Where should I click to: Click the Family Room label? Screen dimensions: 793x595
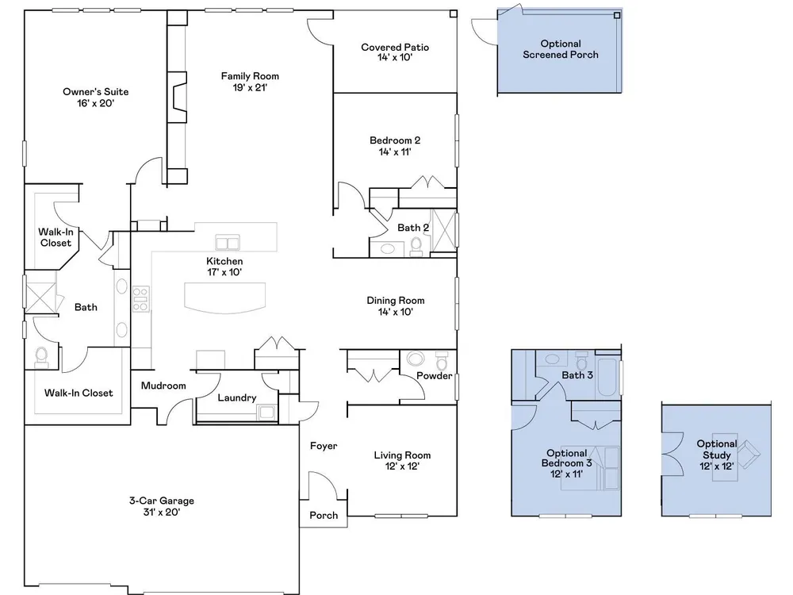pyautogui.click(x=250, y=76)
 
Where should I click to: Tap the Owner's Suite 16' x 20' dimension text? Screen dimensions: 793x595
pyautogui.click(x=96, y=103)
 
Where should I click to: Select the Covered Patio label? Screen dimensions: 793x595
pyautogui.click(x=395, y=47)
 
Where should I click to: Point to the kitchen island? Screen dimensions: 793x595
pyautogui.click(x=224, y=297)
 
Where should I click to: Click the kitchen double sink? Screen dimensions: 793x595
pyautogui.click(x=228, y=242)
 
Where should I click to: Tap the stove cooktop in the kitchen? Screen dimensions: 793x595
pyautogui.click(x=140, y=299)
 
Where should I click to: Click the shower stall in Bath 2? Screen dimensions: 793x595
pyautogui.click(x=443, y=230)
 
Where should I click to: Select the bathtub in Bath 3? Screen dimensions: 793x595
pyautogui.click(x=607, y=377)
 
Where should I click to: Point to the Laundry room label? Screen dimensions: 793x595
pyautogui.click(x=236, y=397)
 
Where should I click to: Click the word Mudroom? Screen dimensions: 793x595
pyautogui.click(x=163, y=386)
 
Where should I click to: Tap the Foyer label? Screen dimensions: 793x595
pyautogui.click(x=324, y=446)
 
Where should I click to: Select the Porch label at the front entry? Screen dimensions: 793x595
pyautogui.click(x=324, y=515)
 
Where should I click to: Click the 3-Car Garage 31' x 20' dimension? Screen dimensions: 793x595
pyautogui.click(x=162, y=512)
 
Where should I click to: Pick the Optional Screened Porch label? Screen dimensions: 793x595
pyautogui.click(x=561, y=49)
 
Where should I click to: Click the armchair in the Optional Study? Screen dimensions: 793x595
pyautogui.click(x=749, y=453)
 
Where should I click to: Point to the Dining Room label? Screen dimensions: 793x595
pyautogui.click(x=396, y=301)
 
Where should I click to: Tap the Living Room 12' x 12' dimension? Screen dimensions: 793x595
pyautogui.click(x=402, y=466)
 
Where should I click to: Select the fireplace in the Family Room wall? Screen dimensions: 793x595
pyautogui.click(x=178, y=97)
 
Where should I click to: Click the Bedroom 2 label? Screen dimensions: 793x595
pyautogui.click(x=395, y=140)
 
